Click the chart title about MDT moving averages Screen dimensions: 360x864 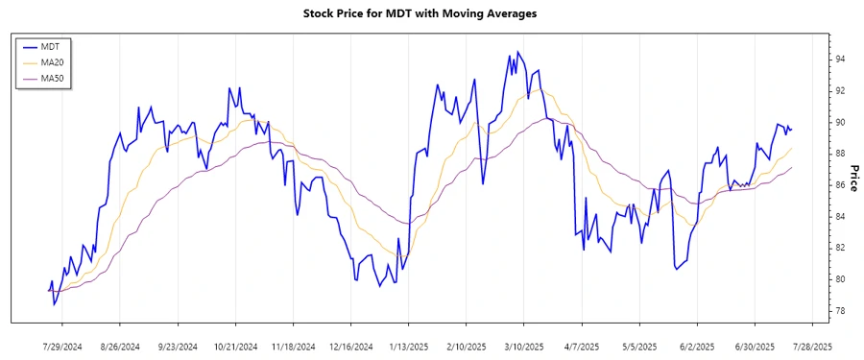tap(420, 13)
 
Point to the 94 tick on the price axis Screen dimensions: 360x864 tap(840, 60)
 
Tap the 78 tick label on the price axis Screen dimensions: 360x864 tap(840, 311)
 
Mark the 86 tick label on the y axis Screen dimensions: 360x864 tap(840, 185)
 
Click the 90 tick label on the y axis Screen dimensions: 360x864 tap(840, 123)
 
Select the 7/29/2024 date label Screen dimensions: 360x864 tap(62, 347)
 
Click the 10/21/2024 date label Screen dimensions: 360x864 tap(235, 347)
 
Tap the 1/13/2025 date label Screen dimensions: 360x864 tap(409, 347)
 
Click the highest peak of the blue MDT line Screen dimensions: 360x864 tap(518, 52)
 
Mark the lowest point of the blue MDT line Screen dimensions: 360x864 tap(55, 305)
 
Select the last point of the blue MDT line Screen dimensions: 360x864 tap(791, 130)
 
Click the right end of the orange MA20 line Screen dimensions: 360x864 tap(791, 149)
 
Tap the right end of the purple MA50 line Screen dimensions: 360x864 tap(791, 168)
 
